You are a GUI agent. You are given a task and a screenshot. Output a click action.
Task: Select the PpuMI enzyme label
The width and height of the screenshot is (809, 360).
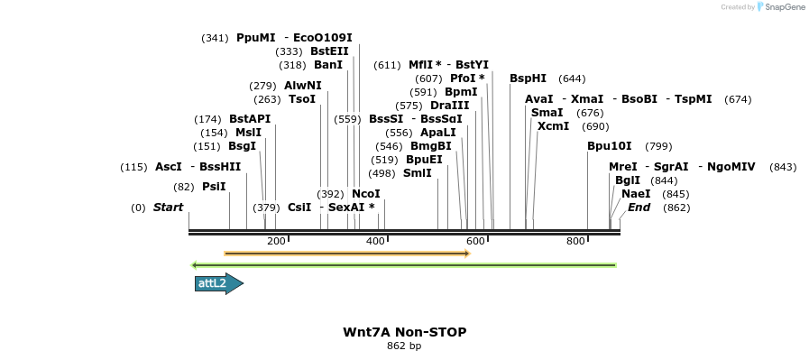[256, 38]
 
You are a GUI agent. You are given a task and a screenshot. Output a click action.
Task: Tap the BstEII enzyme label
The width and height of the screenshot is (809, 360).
[329, 51]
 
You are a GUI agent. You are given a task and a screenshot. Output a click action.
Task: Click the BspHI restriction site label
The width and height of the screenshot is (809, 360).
[528, 78]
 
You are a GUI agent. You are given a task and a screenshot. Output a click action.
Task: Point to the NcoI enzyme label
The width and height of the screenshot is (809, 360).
[365, 193]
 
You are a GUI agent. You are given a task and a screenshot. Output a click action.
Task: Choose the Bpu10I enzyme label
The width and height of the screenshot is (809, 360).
[609, 145]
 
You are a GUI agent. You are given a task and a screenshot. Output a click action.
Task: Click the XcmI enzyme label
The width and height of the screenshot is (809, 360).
[553, 126]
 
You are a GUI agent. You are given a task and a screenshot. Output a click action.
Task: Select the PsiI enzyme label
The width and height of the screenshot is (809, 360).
[214, 187]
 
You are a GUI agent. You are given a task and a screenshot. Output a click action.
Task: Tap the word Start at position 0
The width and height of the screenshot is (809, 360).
[168, 208]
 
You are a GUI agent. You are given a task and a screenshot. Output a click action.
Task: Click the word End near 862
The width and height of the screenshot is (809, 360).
[639, 208]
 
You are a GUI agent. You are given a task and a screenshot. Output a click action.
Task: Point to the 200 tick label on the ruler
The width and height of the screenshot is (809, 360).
[276, 241]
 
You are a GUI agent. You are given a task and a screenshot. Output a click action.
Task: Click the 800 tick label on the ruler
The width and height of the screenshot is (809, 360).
[575, 241]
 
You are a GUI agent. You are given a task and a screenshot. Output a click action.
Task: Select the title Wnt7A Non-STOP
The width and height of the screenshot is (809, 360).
[404, 332]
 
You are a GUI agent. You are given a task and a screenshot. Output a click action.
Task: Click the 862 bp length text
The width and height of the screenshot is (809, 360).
[404, 346]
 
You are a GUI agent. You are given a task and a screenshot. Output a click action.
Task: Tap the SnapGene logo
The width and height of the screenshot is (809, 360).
[780, 6]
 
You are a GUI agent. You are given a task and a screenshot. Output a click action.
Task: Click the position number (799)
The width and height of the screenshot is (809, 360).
[658, 146]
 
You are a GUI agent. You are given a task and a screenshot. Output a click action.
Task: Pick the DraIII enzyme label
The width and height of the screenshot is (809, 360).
[449, 106]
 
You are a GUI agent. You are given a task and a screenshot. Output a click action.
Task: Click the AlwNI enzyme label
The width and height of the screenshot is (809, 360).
[302, 86]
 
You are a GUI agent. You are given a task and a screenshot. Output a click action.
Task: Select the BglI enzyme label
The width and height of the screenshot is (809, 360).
[627, 180]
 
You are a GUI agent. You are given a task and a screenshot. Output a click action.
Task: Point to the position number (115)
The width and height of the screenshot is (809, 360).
[133, 167]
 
